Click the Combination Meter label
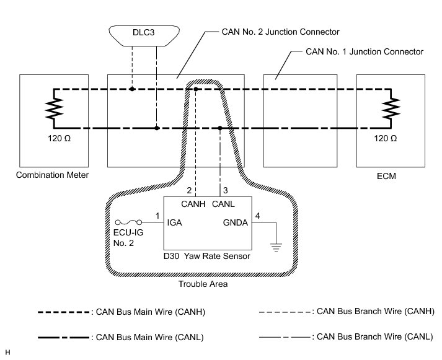tap(53, 175)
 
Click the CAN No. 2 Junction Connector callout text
tap(280, 32)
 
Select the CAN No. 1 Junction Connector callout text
tap(365, 51)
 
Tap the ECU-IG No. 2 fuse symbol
tap(129, 222)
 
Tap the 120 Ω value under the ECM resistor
tap(385, 139)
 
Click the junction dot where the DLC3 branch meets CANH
tap(132, 89)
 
